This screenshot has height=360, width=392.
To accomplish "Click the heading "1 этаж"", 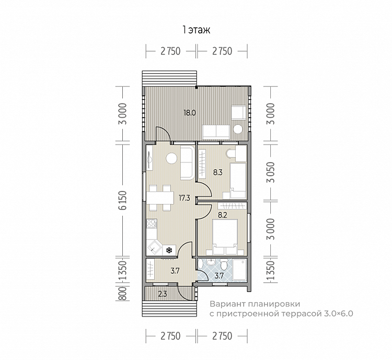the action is [197, 30].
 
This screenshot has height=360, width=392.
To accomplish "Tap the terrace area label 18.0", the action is [190, 113].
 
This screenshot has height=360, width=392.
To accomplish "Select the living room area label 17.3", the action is [185, 198].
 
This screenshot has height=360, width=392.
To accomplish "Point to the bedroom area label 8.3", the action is [217, 172].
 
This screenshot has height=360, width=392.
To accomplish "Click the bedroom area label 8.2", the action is [222, 215].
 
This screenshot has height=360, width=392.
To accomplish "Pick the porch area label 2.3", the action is [163, 294].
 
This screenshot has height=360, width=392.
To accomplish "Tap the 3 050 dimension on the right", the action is [271, 172].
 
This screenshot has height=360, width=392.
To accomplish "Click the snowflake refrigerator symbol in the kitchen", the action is [169, 250].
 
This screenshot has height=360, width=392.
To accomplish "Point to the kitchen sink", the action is [154, 247].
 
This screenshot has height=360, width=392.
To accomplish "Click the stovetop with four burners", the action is [151, 223].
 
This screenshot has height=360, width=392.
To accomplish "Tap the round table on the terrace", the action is [238, 129].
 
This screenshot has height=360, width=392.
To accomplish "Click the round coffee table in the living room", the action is [172, 159].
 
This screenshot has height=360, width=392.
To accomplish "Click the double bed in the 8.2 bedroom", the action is [225, 237].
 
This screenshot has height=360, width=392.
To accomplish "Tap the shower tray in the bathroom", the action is [239, 269].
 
